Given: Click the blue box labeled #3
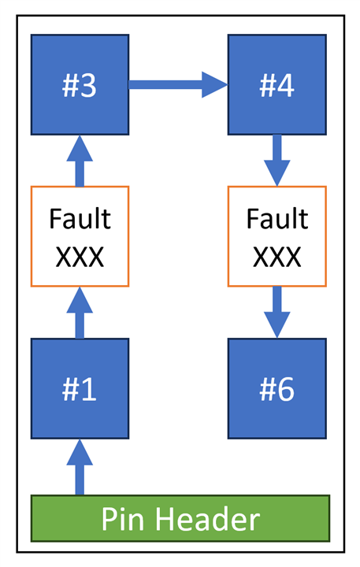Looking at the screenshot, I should tap(80, 84).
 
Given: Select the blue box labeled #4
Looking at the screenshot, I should tap(277, 84).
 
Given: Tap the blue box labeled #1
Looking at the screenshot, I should tap(80, 388).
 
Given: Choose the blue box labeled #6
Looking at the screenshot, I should tap(277, 388).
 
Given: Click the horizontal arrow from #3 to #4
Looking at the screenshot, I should tap(178, 84).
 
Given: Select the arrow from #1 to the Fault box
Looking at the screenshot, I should tap(79, 313).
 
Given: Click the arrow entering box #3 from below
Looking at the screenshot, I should tap(79, 161).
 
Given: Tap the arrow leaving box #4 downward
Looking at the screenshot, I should tap(277, 161).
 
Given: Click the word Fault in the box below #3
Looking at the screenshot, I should tap(80, 218).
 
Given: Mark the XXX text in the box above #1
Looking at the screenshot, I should tap(80, 256).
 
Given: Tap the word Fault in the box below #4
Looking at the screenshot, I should tap(277, 218).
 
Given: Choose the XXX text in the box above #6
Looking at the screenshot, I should tap(277, 256).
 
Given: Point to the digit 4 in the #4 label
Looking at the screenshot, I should tap(288, 85).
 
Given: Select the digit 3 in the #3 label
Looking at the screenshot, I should tap(89, 85).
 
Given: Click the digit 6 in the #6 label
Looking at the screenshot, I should tap(288, 389).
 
